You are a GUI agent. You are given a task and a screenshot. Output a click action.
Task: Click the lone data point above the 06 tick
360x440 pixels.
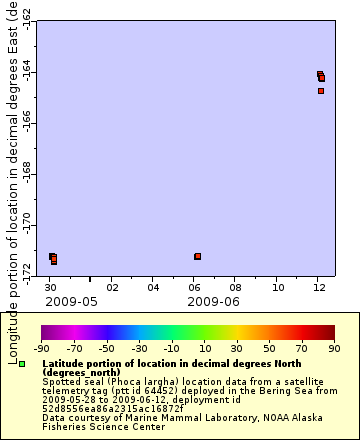tap(197, 256)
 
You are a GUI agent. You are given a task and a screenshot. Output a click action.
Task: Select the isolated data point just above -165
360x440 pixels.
tap(321, 91)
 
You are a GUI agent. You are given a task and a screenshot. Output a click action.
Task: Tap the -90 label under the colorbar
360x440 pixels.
tap(41, 348)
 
